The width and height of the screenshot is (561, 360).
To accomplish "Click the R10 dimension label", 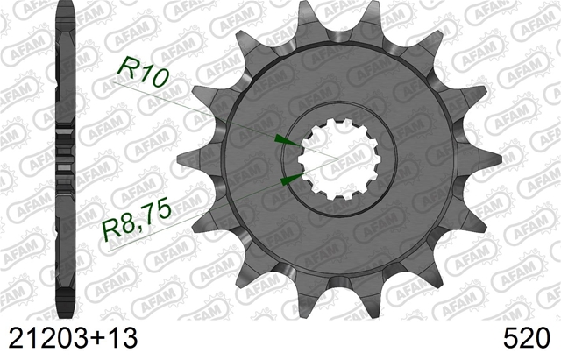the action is pos(142,72).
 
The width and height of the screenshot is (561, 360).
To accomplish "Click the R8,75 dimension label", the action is pos(137,220).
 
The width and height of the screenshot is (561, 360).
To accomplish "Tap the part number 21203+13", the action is pos(73,338).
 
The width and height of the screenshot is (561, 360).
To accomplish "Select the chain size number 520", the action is pos(526,338).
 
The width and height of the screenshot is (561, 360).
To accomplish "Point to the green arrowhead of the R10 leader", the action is pos(288,140).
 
